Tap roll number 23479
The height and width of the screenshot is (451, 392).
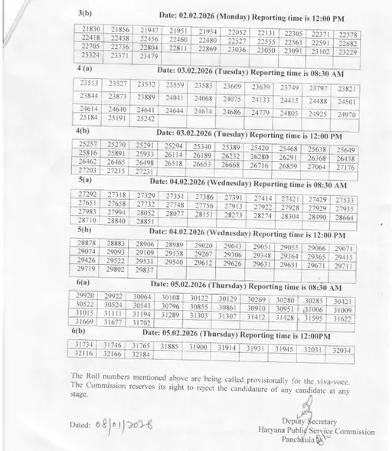coord(149,56)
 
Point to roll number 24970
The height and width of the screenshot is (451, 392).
coord(346,114)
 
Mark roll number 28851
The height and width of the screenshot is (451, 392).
coord(145,221)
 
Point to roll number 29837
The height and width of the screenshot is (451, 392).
coord(144,270)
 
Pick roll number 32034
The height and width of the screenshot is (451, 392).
coord(341,350)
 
